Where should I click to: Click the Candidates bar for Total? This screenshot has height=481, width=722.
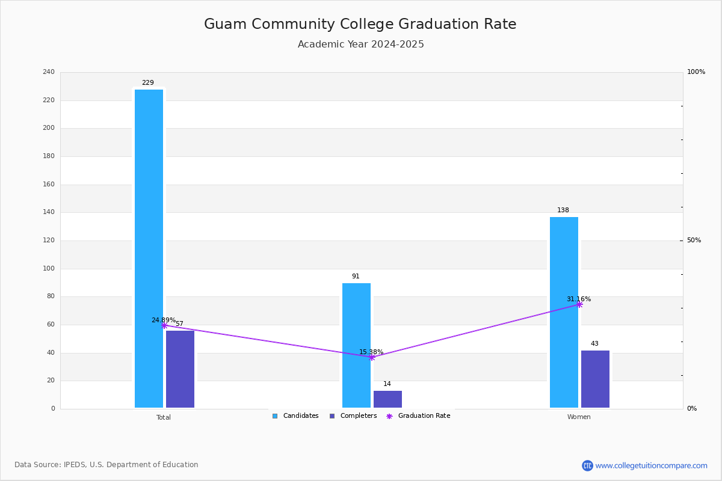pyautogui.click(x=149, y=248)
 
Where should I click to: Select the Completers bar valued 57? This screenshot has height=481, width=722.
pyautogui.click(x=180, y=369)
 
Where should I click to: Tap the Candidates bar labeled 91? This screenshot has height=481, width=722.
pyautogui.click(x=356, y=345)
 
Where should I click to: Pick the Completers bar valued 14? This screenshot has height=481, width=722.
pyautogui.click(x=387, y=399)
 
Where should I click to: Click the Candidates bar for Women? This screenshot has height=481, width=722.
pyautogui.click(x=564, y=312)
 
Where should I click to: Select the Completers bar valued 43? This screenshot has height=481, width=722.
pyautogui.click(x=595, y=379)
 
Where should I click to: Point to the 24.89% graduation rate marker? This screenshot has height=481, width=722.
pyautogui.click(x=164, y=325)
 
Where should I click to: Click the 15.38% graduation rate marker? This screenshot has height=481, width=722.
pyautogui.click(x=372, y=357)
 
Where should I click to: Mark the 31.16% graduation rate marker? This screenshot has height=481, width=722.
pyautogui.click(x=579, y=304)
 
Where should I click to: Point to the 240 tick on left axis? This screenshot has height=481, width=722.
pyautogui.click(x=49, y=72)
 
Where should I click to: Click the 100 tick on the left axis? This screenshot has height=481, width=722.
pyautogui.click(x=49, y=269)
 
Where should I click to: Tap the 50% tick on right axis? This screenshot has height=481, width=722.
pyautogui.click(x=694, y=240)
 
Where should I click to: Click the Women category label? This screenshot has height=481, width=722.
pyautogui.click(x=579, y=417)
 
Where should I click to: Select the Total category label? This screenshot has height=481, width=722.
pyautogui.click(x=164, y=417)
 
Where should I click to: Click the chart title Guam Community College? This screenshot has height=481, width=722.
pyautogui.click(x=360, y=24)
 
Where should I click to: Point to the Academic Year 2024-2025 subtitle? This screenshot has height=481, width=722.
pyautogui.click(x=360, y=44)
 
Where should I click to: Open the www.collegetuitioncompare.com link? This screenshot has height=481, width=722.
pyautogui.click(x=651, y=465)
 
